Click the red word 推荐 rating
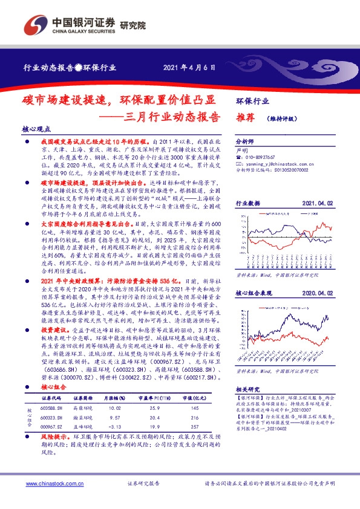point(244,118)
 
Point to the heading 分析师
point(245,138)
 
